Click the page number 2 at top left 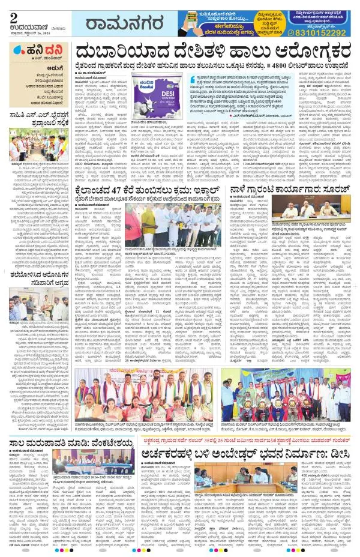click(13, 10)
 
